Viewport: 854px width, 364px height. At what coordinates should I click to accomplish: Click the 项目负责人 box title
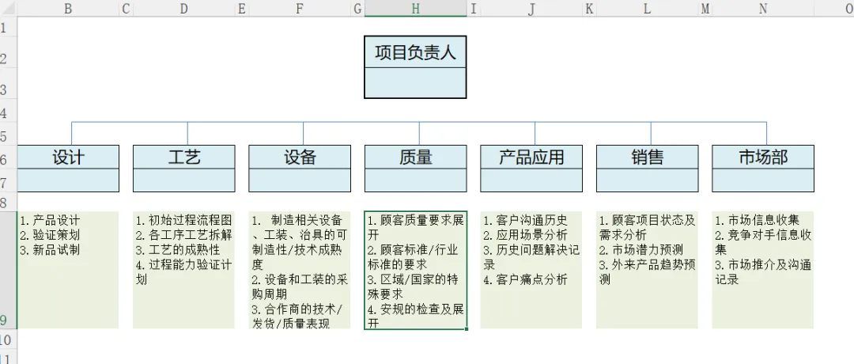(x=415, y=52)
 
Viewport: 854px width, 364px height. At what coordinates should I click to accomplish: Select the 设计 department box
(x=68, y=157)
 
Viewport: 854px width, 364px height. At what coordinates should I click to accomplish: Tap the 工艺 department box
(x=183, y=157)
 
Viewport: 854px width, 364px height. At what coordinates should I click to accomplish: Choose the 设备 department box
(x=300, y=157)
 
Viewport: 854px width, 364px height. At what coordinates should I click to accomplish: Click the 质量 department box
(x=415, y=157)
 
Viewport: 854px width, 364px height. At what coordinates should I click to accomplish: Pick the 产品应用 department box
(x=531, y=157)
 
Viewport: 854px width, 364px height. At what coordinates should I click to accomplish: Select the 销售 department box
(x=647, y=157)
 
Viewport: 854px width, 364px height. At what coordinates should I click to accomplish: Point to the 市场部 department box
(x=762, y=157)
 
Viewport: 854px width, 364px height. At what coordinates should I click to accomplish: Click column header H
(x=415, y=8)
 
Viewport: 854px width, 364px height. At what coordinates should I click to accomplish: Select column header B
(x=68, y=8)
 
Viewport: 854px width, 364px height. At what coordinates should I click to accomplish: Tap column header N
(x=762, y=8)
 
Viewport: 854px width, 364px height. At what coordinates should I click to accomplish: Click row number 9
(x=4, y=320)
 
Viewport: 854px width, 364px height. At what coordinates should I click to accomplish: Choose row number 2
(x=4, y=59)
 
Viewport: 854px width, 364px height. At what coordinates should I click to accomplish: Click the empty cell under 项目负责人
(x=415, y=83)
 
